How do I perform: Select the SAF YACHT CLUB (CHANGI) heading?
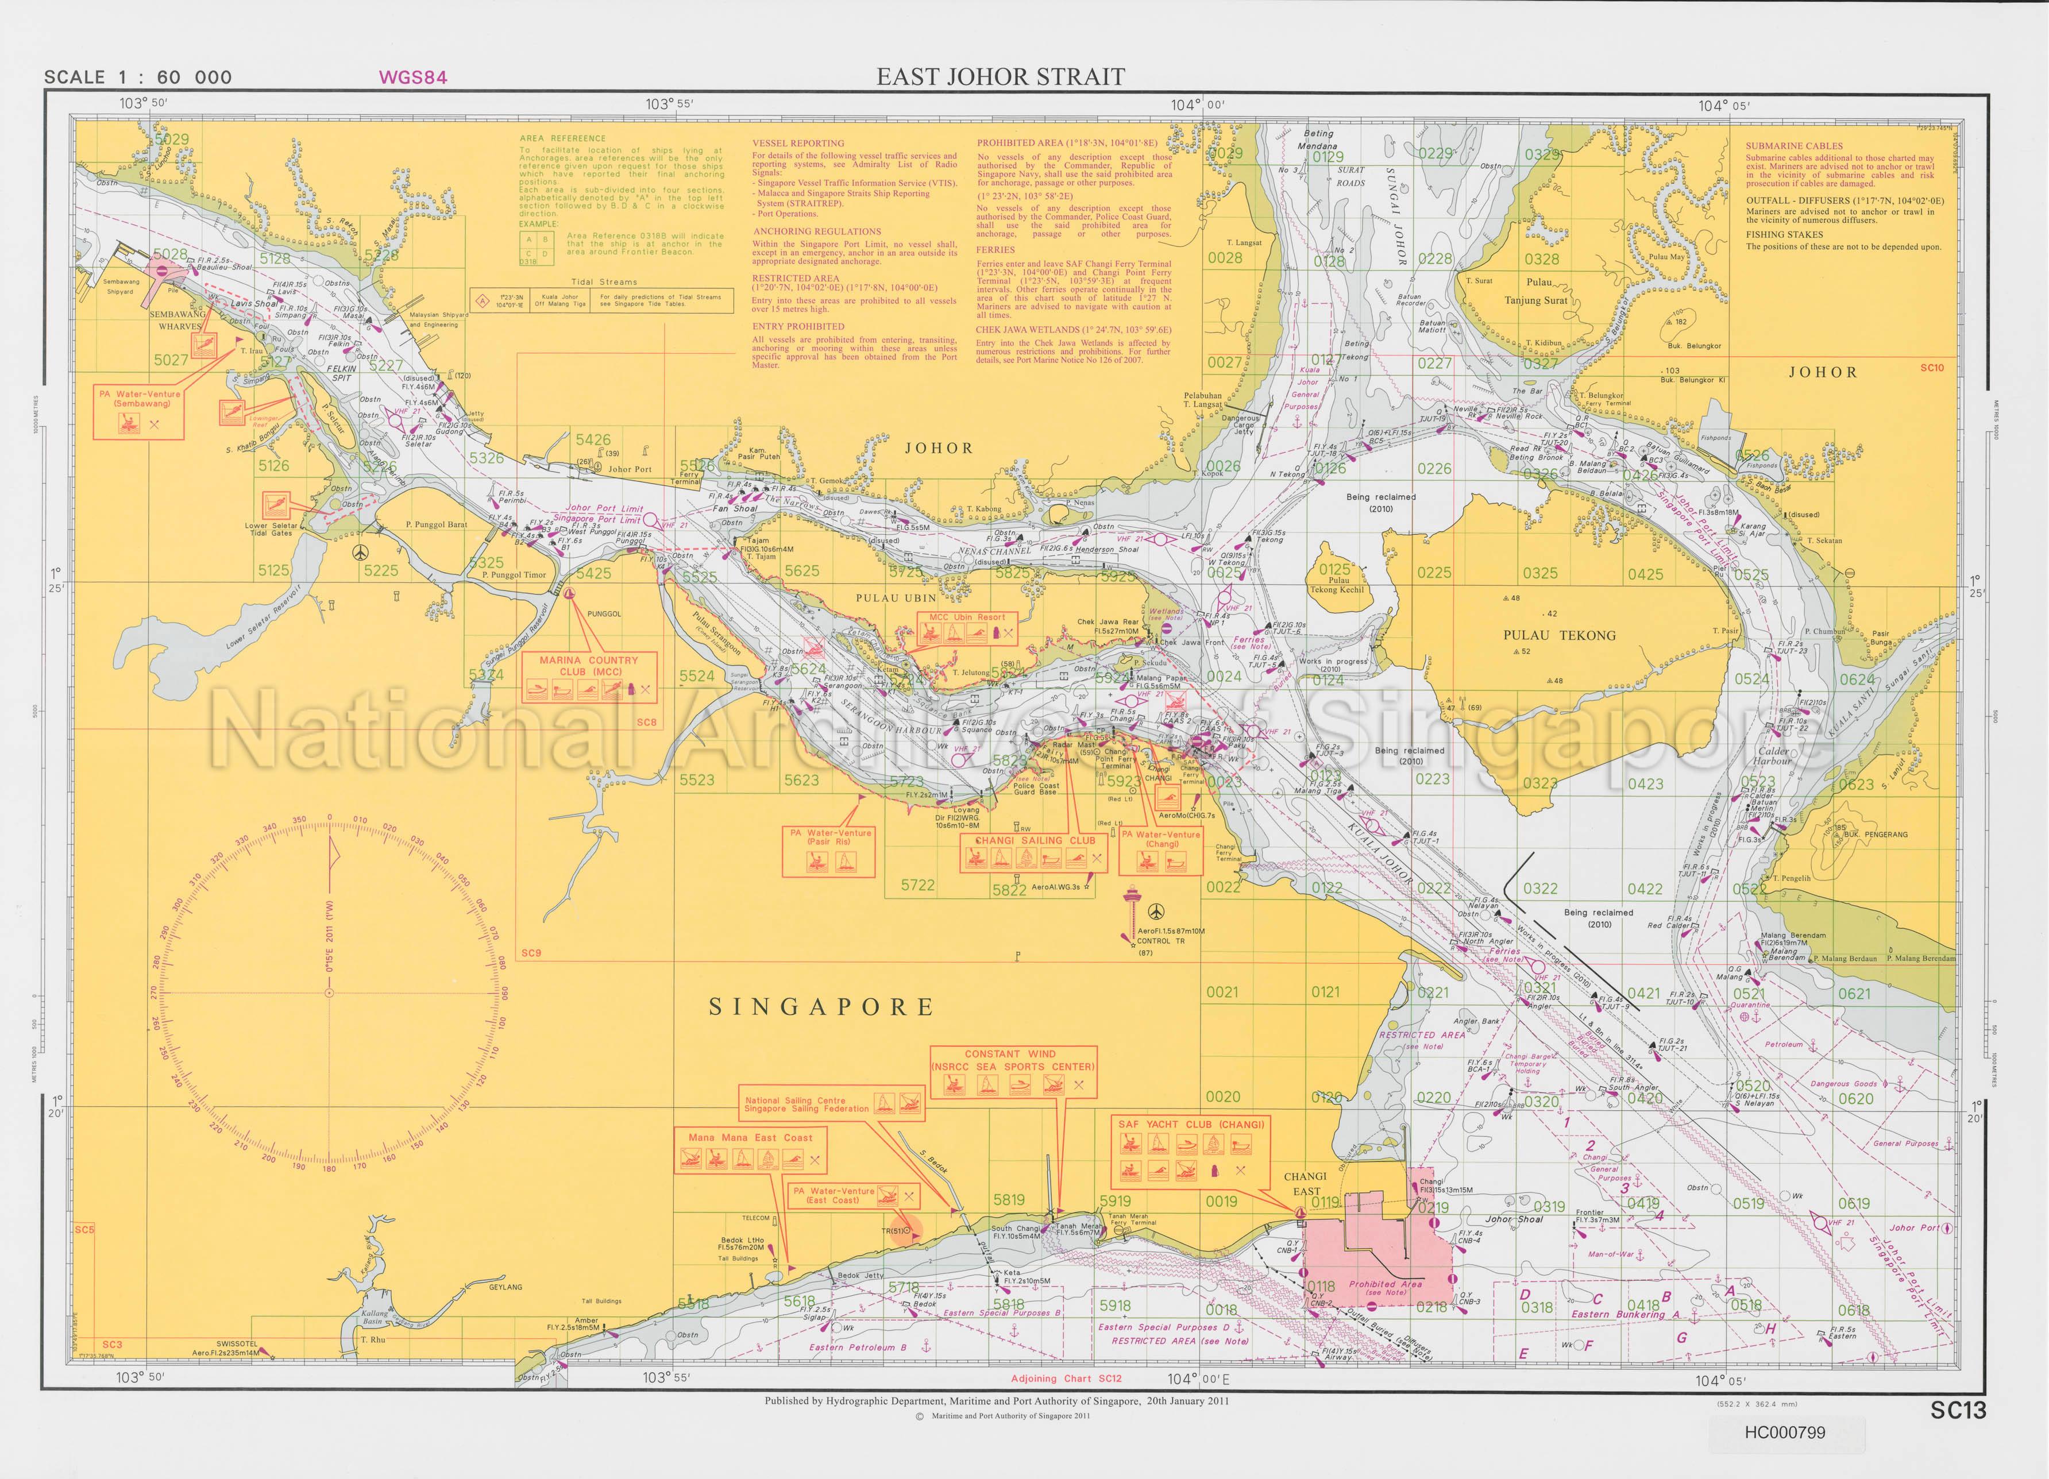(x=1191, y=1124)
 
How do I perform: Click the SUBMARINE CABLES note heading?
(x=1793, y=145)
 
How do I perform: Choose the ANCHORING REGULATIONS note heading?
(x=817, y=231)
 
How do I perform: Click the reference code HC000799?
(x=1786, y=1433)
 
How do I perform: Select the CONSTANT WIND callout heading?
(x=1010, y=1053)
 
